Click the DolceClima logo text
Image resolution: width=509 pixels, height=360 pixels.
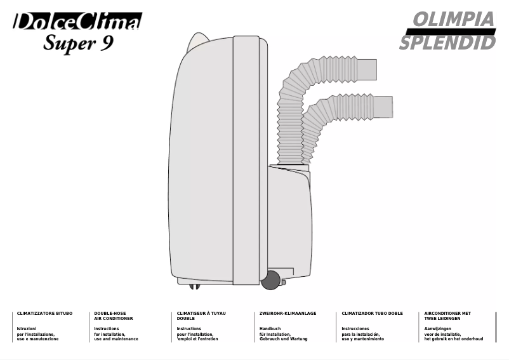(x=77, y=21)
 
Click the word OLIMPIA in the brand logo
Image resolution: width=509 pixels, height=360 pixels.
(x=454, y=20)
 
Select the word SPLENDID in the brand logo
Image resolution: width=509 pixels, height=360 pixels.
(x=447, y=43)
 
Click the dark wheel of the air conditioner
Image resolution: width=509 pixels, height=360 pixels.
(x=270, y=280)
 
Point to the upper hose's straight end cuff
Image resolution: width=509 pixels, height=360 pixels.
(x=367, y=70)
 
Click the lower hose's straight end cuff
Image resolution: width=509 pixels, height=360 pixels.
(x=383, y=107)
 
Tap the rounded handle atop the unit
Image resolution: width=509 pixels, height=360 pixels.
(x=198, y=41)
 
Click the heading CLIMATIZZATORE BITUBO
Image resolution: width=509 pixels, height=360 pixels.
(x=45, y=314)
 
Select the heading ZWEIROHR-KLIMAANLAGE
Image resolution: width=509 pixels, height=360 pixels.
(x=288, y=314)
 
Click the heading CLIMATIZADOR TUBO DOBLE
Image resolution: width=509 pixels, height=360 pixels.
(x=372, y=314)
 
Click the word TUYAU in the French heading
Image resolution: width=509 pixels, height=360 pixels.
(x=218, y=314)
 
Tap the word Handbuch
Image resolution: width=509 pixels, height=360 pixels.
(x=270, y=329)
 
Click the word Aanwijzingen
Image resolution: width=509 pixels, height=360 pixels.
(x=437, y=329)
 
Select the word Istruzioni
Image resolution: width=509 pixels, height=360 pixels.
(x=27, y=329)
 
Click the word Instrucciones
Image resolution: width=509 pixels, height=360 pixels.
(x=355, y=329)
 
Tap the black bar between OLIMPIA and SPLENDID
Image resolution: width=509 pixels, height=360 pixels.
(x=451, y=32)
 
